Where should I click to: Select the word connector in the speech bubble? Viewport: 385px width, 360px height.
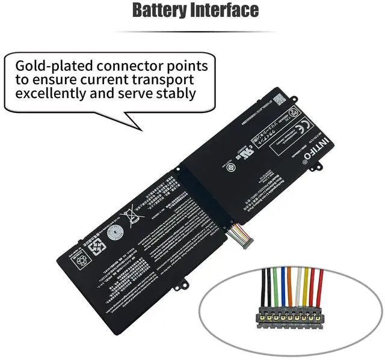(133, 66)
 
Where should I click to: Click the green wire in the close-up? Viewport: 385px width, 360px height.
(274, 286)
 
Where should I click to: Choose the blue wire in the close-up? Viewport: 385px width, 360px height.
(282, 286)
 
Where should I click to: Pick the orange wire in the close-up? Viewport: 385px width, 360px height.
(290, 286)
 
